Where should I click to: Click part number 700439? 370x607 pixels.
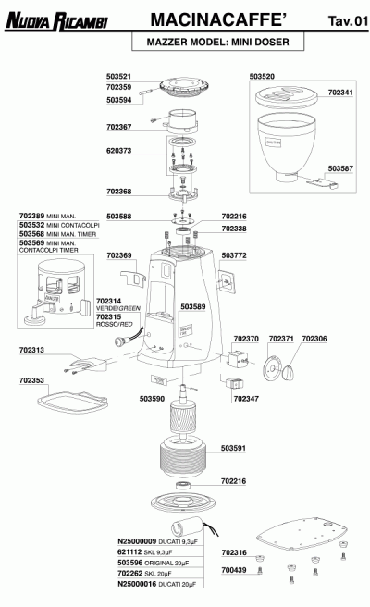[x=235, y=570]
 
